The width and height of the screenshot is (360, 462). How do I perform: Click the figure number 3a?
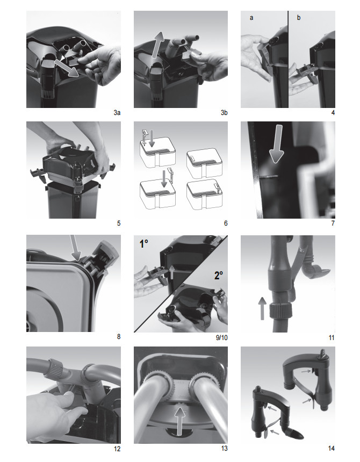117,113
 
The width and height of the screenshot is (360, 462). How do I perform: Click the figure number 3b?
224,113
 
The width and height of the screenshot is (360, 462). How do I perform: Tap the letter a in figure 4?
251,18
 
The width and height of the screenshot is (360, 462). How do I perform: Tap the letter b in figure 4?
299,17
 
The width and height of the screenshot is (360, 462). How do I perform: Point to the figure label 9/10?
222,337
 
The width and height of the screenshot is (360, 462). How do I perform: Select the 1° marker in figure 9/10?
144,244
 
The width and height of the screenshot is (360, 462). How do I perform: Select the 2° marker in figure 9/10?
218,275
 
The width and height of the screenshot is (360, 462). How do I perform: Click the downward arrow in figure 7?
276,143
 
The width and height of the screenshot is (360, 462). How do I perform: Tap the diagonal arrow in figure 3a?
67,68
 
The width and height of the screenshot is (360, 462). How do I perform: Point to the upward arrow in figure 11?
262,308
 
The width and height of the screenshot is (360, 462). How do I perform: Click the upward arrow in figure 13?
179,421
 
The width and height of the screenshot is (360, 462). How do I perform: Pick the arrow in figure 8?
76,248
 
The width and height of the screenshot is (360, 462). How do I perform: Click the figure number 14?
332,448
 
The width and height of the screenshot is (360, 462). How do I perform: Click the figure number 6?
226,223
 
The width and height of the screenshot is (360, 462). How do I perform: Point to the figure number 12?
117,449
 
